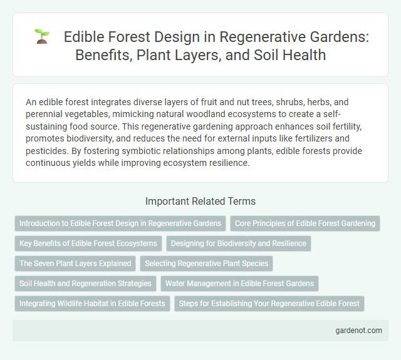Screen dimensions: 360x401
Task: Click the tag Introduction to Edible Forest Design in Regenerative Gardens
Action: point(120,223)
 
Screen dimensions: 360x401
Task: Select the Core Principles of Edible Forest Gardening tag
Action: point(305,223)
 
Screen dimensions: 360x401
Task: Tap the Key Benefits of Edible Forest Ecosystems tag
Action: point(88,243)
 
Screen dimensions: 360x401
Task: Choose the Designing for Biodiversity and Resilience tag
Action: point(239,243)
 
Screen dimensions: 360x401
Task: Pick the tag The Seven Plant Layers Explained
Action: point(75,264)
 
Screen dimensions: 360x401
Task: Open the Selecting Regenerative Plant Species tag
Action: point(207,264)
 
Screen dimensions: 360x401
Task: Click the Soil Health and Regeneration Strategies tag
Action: point(85,284)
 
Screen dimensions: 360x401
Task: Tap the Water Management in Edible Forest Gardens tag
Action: point(239,284)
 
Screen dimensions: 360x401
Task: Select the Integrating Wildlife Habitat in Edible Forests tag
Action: point(92,304)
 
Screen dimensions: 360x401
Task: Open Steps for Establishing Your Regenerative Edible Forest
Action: point(269,304)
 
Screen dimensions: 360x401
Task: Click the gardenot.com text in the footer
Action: point(358,331)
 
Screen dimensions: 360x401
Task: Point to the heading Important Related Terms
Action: point(200,201)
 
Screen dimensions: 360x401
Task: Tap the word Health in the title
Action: point(303,54)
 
